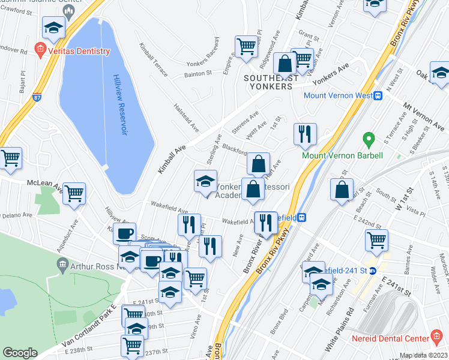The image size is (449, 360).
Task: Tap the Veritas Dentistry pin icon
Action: [x=40, y=50]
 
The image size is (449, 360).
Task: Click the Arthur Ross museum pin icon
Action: [x=62, y=264]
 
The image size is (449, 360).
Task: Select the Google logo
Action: [x=20, y=353]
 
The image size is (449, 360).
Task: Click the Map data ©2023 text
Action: [x=423, y=355]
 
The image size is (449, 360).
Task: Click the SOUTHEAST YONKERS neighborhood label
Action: [x=270, y=78]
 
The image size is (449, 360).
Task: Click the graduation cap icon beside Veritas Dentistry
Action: [x=53, y=27]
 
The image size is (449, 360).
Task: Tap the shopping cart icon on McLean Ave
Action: [x=74, y=193]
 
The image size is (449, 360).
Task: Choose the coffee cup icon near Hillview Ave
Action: [x=125, y=233]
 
